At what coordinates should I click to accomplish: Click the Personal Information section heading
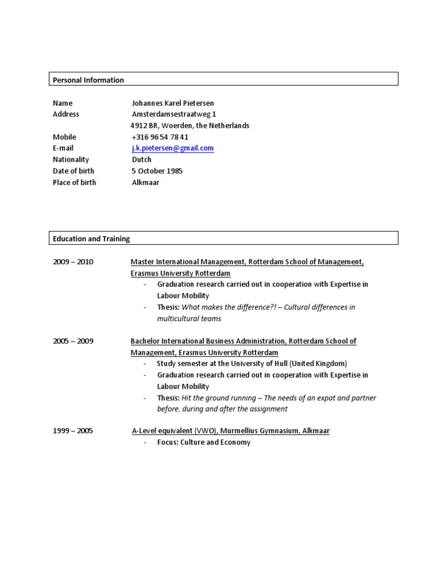point(88,80)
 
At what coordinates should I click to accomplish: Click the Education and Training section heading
point(91,239)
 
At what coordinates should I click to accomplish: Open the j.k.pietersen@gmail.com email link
point(172,148)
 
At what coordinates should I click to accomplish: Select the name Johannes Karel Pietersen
point(173,103)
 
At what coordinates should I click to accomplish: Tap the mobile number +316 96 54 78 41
point(160,137)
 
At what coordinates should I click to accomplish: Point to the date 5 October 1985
point(157,171)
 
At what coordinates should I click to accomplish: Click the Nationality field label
point(71,159)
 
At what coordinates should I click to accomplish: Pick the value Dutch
point(142,159)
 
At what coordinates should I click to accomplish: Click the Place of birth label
point(75,182)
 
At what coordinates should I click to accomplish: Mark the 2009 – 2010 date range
point(73,262)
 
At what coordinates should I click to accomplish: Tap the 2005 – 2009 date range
point(73,341)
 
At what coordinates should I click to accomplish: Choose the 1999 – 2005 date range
point(73,431)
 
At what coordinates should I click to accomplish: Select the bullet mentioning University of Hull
point(252,363)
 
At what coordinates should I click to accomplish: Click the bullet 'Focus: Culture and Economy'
point(204,442)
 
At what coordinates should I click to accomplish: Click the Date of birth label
point(73,171)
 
